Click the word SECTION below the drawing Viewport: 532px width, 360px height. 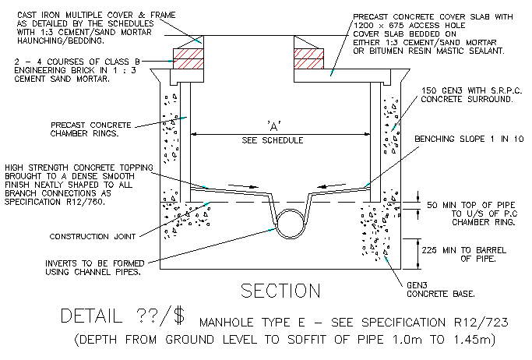point(280,291)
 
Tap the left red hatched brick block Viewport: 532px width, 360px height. point(189,58)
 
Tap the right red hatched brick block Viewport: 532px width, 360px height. point(309,58)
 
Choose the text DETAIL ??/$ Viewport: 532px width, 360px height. point(122,317)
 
